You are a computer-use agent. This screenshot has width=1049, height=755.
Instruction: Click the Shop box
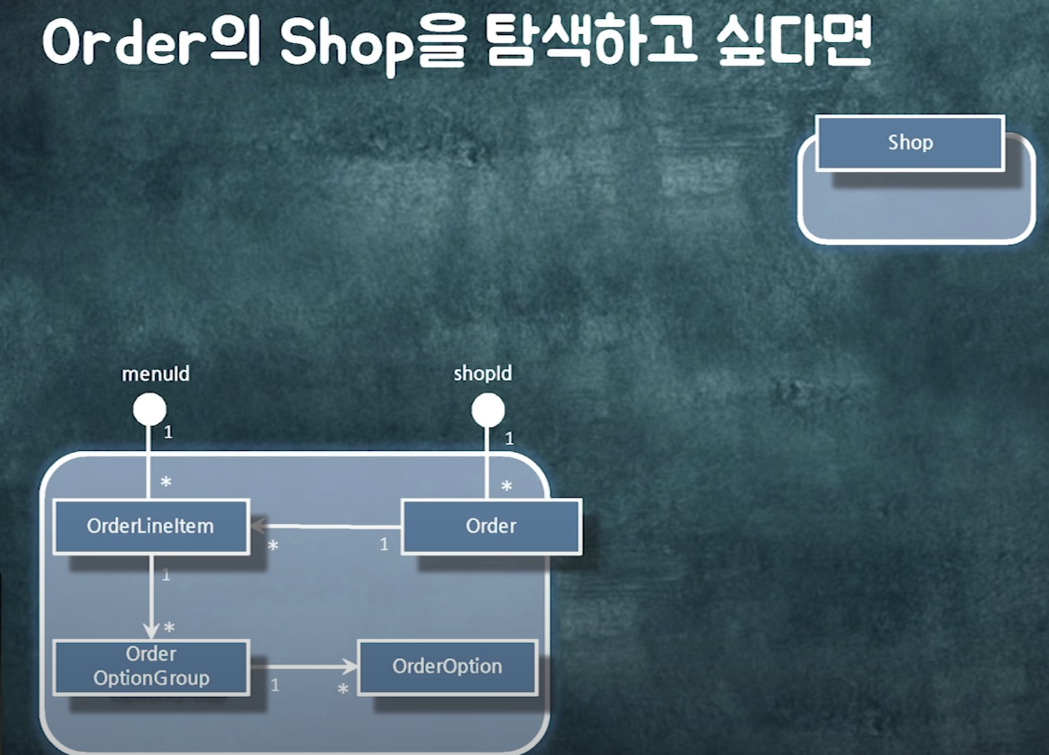click(x=910, y=143)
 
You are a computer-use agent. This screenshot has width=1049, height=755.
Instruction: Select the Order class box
click(x=491, y=526)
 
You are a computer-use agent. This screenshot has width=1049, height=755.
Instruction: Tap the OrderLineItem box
click(x=150, y=526)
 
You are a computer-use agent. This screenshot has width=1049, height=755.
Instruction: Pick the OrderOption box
click(x=447, y=667)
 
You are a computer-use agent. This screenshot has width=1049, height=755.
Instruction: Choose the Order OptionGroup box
click(x=151, y=667)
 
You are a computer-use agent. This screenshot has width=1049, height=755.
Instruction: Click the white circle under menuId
click(x=150, y=409)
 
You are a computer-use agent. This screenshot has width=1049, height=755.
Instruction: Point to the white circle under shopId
click(x=488, y=410)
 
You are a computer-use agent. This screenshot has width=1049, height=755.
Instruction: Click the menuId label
click(x=156, y=374)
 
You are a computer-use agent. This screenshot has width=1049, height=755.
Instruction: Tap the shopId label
click(x=482, y=373)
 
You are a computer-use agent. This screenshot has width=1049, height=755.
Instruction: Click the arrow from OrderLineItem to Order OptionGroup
click(x=151, y=597)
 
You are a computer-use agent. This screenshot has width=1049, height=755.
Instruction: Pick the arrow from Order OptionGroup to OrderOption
click(x=303, y=666)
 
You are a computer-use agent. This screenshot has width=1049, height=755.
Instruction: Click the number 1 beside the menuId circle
click(x=168, y=432)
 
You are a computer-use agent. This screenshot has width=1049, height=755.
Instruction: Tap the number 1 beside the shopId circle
click(x=509, y=439)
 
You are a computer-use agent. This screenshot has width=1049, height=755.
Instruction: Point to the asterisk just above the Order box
click(x=506, y=486)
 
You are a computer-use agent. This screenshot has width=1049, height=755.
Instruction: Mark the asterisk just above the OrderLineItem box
click(x=166, y=482)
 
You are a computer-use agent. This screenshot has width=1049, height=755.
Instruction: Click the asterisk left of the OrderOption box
click(x=343, y=689)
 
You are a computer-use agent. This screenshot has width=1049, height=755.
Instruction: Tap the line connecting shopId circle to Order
click(x=487, y=462)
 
